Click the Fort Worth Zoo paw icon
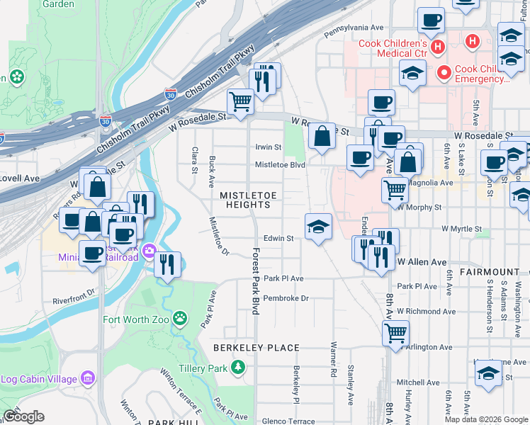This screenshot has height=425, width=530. click(181, 318)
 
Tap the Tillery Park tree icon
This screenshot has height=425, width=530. click(239, 367)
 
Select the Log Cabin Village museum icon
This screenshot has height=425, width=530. click(88, 378)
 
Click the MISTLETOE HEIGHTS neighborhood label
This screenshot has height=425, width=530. click(245, 200)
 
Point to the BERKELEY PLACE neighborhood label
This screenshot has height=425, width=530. click(256, 348)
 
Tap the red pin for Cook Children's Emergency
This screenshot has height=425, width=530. click(444, 72)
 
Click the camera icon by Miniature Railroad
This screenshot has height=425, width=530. click(149, 251)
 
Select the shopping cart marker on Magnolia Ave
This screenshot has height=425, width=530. click(395, 189)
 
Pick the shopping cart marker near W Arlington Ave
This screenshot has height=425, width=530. click(395, 332)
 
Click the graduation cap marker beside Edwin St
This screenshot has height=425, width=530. click(318, 227)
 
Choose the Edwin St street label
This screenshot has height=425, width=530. click(278, 239)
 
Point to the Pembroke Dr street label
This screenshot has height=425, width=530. click(286, 298)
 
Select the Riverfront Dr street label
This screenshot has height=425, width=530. click(74, 296)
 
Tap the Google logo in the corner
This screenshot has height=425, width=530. click(23, 416)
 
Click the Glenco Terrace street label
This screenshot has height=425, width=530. click(288, 421)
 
